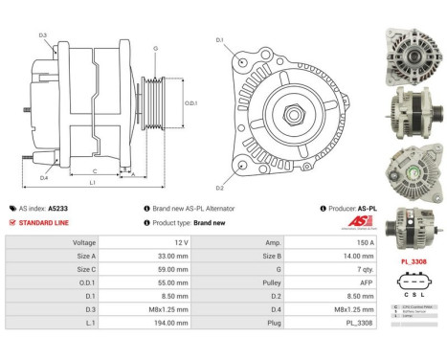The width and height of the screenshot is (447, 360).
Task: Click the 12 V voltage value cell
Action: coord(168,243)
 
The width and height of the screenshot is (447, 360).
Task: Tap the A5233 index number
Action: coord(58,207)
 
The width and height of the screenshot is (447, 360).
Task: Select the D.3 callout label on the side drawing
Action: coord(43,35)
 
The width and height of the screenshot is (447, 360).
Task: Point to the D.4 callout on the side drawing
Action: coord(44,177)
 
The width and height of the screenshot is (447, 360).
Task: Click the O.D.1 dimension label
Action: coord(190,102)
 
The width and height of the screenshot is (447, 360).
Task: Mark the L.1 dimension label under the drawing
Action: coord(90,182)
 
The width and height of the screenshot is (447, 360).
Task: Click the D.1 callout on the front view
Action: coord(219,40)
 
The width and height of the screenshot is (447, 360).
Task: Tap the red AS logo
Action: coord(354,221)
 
